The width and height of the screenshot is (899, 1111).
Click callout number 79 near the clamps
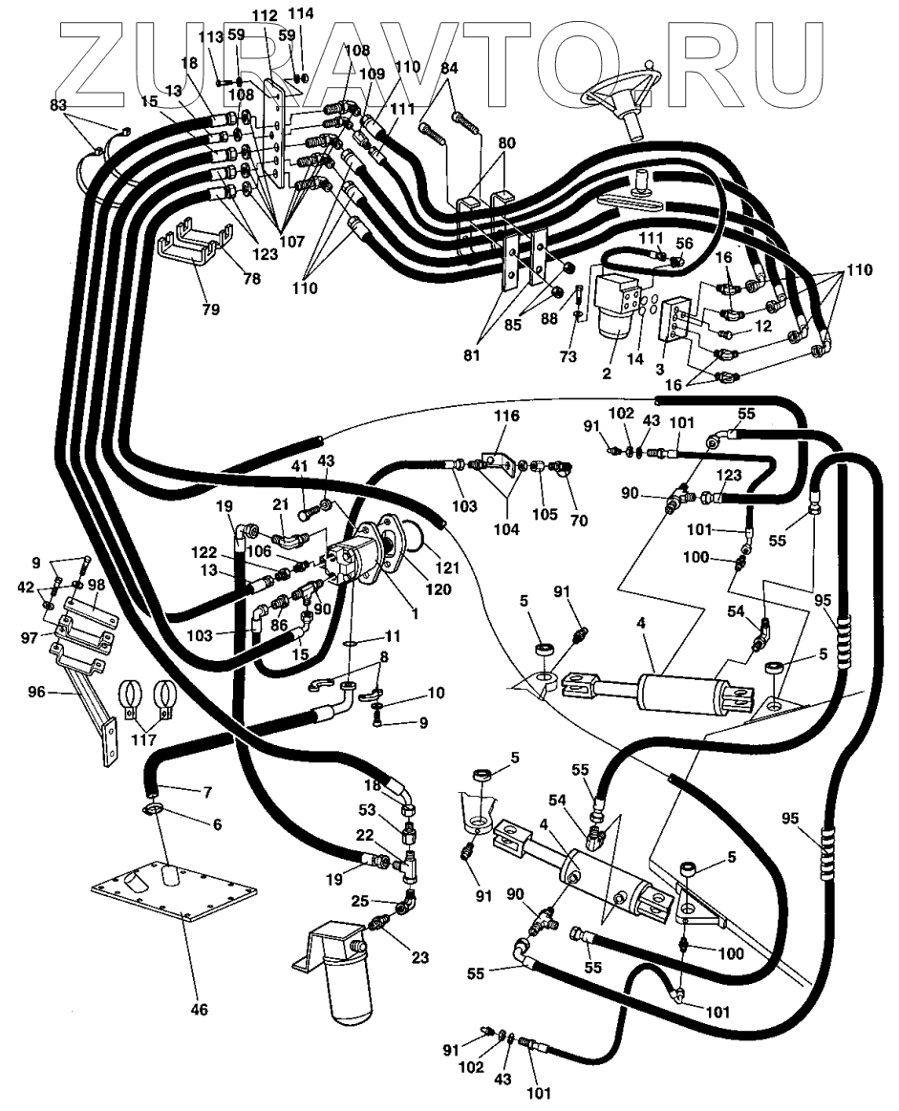[x=210, y=309]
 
